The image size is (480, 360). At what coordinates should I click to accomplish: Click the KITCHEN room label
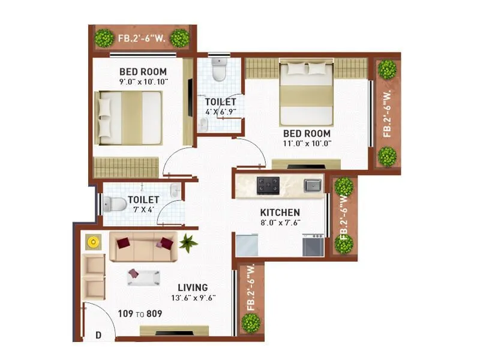[x=280, y=212]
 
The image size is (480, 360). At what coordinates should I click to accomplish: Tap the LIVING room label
[x=192, y=287]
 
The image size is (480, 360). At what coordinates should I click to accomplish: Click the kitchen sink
[x=312, y=185]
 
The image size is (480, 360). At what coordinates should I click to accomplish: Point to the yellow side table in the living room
[x=93, y=242]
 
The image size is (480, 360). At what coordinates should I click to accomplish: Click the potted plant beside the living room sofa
[x=188, y=242]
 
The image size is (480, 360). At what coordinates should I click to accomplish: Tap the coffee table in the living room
[x=143, y=277]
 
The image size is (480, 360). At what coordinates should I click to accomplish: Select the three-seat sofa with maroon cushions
[x=143, y=246]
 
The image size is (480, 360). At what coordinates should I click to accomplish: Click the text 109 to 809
[x=141, y=313]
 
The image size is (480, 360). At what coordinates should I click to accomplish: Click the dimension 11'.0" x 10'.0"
[x=307, y=144]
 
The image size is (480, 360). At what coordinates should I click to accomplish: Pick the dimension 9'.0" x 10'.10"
[x=143, y=82]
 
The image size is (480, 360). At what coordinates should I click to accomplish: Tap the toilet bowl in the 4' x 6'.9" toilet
[x=220, y=71]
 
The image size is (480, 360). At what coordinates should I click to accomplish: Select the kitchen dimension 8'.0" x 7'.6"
[x=280, y=223]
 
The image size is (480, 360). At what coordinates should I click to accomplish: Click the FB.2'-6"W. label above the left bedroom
[x=142, y=38]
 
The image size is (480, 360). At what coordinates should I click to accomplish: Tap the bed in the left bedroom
[x=130, y=118]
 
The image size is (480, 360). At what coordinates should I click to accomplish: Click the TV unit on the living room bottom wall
[x=174, y=331]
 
